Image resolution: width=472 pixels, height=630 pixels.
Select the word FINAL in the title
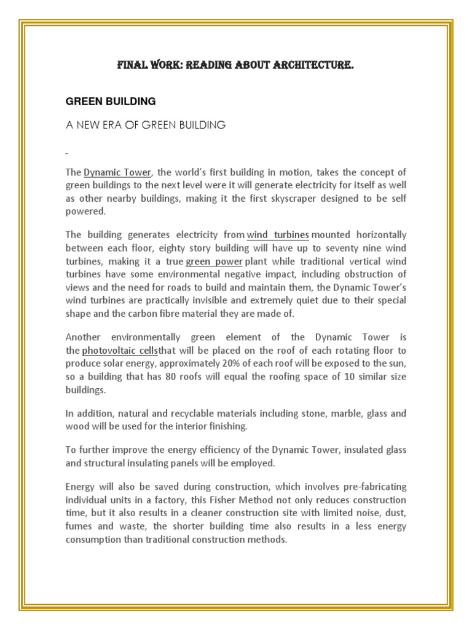click(x=133, y=65)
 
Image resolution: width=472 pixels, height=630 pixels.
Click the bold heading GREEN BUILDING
click(x=111, y=101)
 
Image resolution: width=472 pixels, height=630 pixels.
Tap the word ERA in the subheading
click(x=111, y=125)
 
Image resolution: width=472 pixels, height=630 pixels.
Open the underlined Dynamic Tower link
click(x=117, y=172)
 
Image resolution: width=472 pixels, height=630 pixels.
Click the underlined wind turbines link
click(x=278, y=235)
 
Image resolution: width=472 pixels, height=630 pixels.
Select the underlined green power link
click(x=214, y=261)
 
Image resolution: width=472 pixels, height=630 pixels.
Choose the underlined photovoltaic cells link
click(x=120, y=350)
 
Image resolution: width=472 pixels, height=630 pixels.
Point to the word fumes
click(x=79, y=527)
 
